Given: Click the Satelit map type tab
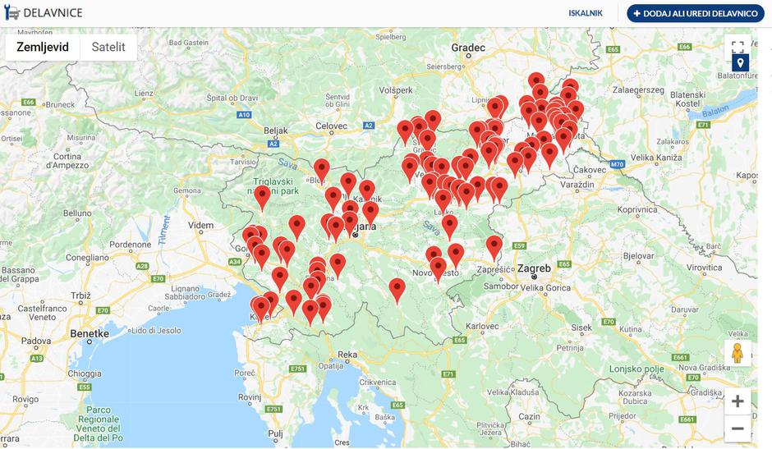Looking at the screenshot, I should pyautogui.click(x=108, y=48).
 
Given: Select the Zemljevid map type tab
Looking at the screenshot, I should pyautogui.click(x=43, y=48).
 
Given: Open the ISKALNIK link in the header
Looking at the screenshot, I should pyautogui.click(x=586, y=13).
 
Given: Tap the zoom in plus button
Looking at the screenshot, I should pyautogui.click(x=737, y=401).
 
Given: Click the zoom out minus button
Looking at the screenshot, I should pyautogui.click(x=737, y=428).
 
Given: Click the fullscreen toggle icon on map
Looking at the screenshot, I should pyautogui.click(x=738, y=47).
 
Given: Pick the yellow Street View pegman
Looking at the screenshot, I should pyautogui.click(x=737, y=353).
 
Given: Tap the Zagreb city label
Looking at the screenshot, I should pyautogui.click(x=534, y=268).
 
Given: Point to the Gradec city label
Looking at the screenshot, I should pyautogui.click(x=468, y=48).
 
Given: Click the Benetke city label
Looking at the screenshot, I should pyautogui.click(x=90, y=334).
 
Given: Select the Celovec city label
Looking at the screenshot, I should pyautogui.click(x=332, y=125).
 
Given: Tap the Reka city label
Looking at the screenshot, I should pyautogui.click(x=347, y=355).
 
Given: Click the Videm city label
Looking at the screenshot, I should pyautogui.click(x=200, y=224).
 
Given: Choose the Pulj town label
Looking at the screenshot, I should pyautogui.click(x=275, y=433).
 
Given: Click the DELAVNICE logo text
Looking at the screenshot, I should pyautogui.click(x=53, y=13).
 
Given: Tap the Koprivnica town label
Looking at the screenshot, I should pyautogui.click(x=638, y=209).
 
